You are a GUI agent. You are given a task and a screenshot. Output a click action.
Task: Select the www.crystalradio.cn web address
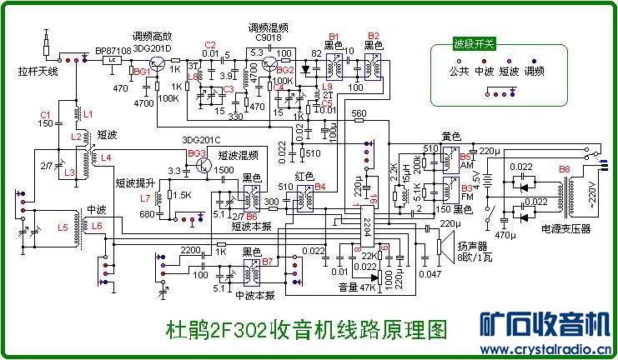click(x=545, y=349)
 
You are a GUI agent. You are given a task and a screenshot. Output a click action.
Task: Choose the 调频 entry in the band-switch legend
click(x=534, y=71)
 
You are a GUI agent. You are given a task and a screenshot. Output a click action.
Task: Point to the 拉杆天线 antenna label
click(x=38, y=71)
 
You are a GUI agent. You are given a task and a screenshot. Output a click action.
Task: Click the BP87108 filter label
click(x=113, y=50)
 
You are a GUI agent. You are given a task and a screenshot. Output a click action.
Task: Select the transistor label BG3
click(x=197, y=154)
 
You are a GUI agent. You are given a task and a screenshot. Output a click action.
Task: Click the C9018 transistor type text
click(x=268, y=38)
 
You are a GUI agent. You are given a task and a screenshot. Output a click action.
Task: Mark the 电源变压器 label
click(x=565, y=227)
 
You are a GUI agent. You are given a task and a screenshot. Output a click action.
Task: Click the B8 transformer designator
click(x=565, y=169)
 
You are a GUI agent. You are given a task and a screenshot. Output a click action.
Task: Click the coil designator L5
click(x=63, y=227)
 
